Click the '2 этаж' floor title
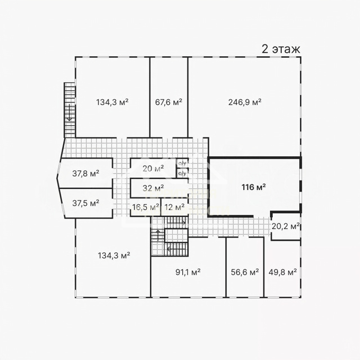[281, 49]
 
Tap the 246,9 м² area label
[245, 102]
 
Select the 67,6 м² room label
[169, 102]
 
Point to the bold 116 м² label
[254, 187]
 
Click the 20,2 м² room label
[285, 226]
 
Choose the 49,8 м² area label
[282, 272]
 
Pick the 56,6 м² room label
[245, 272]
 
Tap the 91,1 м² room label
[188, 272]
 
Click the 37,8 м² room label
[85, 173]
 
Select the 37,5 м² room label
[85, 203]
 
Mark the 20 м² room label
[153, 169]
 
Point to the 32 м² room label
[153, 188]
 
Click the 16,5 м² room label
[146, 207]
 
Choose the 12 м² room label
[174, 207]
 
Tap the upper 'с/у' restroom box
[182, 164]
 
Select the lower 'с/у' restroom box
[182, 173]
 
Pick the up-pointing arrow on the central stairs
[158, 235]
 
